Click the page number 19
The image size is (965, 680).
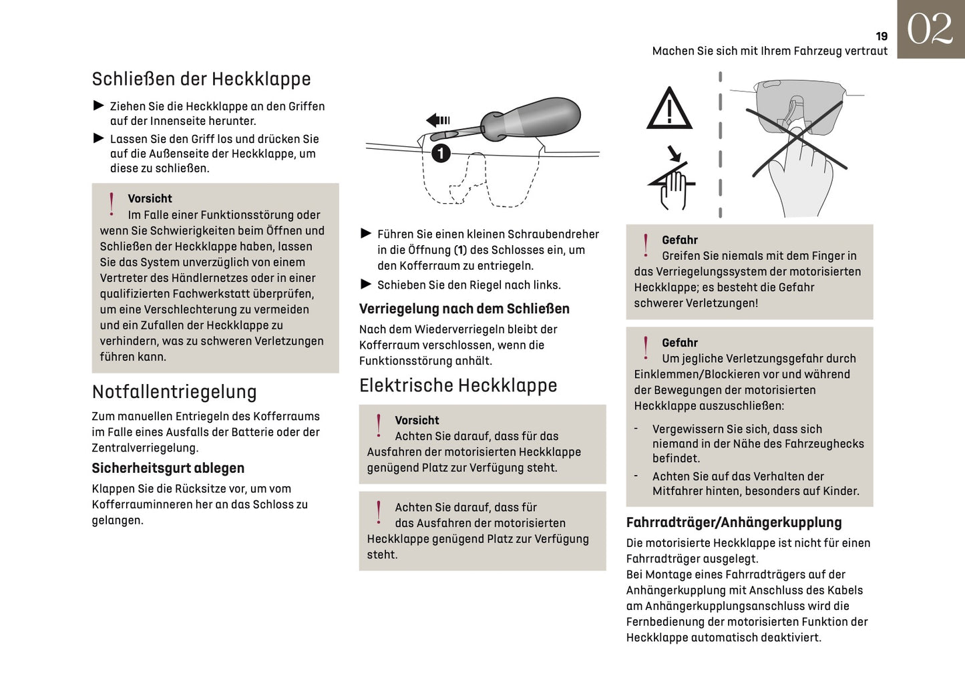coord(882,37)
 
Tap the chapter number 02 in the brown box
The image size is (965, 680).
coord(930,29)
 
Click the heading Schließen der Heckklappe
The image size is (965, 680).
coord(201,79)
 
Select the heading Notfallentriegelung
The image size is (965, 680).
coord(174,391)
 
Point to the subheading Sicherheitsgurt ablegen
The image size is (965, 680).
coord(168,468)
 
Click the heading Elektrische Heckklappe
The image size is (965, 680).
coord(457,385)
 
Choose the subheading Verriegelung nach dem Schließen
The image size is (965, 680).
coord(464,309)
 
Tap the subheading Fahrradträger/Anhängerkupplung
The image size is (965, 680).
coord(733,522)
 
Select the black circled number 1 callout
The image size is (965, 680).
coord(440,154)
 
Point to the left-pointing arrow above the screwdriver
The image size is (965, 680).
coord(438,120)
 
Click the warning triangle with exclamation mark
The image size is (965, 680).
coord(669,109)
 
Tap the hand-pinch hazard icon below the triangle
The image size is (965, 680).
coord(672,178)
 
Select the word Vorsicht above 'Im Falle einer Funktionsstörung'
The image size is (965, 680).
coord(150,198)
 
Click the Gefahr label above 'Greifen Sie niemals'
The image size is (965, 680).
coord(679,240)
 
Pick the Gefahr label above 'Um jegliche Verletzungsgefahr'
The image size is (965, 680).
coord(679,343)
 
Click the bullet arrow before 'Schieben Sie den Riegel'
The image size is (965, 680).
coord(365,285)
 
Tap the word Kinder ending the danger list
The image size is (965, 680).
coord(840,491)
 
